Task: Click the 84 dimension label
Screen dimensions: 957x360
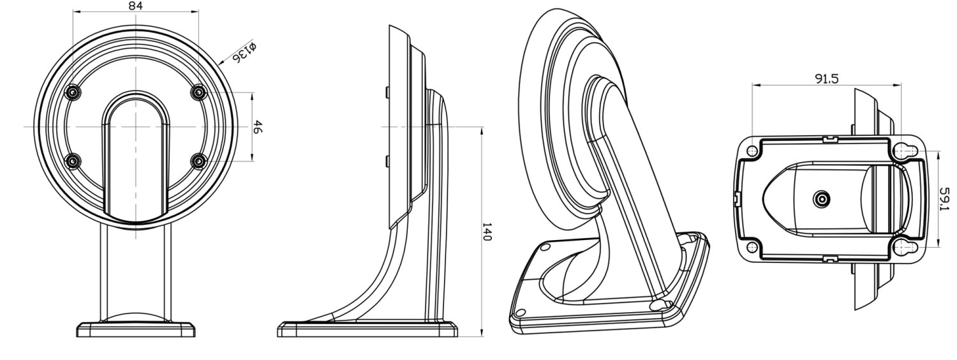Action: coord(135,6)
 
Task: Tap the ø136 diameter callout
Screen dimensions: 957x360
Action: coord(244,52)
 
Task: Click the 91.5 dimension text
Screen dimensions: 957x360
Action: coord(827,79)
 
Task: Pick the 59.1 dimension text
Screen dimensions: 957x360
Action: coord(945,199)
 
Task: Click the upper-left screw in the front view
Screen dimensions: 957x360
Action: coord(73,93)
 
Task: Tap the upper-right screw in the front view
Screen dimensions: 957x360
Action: coord(199,92)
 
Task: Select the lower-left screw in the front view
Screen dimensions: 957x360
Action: coord(73,161)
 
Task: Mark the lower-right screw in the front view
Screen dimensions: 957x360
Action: coord(199,161)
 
